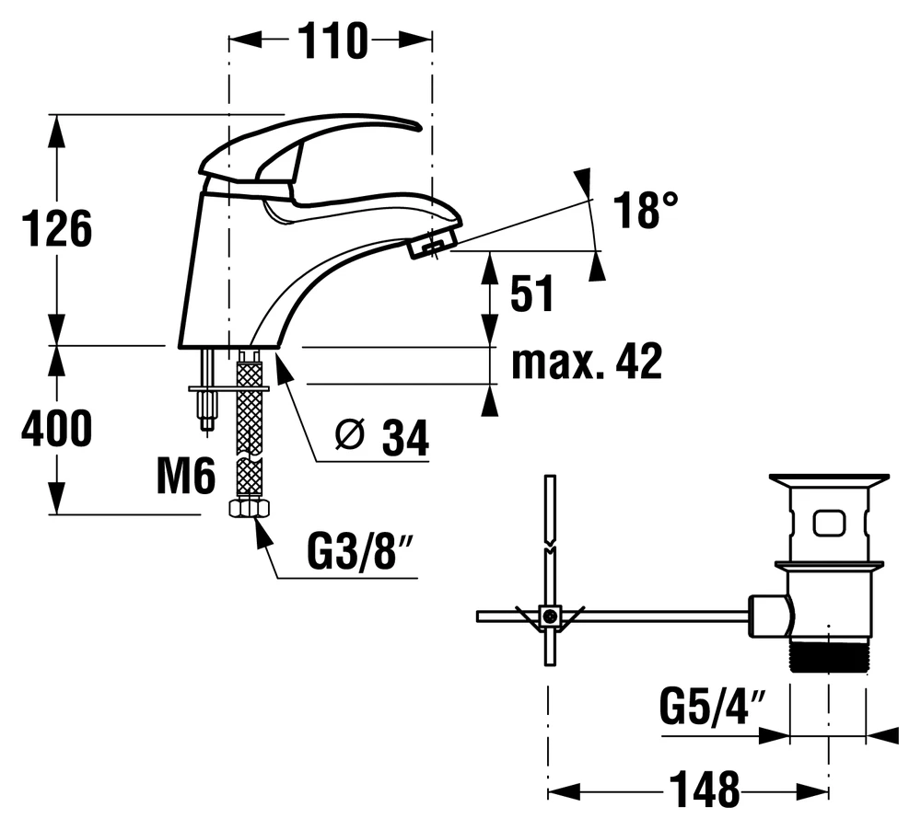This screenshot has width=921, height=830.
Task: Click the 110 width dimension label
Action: click(332, 41)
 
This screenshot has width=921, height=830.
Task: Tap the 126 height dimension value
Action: click(57, 228)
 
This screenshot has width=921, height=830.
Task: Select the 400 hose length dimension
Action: click(57, 428)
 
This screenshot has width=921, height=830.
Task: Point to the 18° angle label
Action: click(646, 210)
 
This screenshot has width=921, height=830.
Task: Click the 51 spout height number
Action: click(532, 293)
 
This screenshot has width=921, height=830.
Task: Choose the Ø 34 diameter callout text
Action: click(382, 436)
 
